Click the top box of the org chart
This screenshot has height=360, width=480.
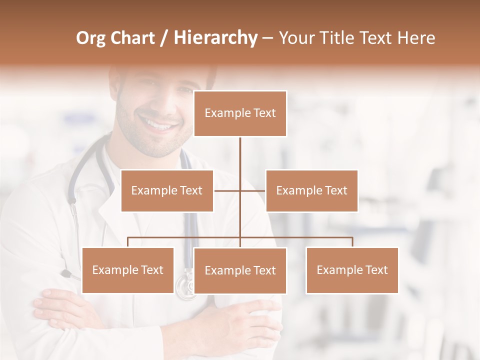point(240,113)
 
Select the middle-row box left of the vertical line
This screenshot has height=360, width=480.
point(167,190)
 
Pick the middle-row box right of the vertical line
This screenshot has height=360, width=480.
point(311,190)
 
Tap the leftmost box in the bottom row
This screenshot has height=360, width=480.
point(127,270)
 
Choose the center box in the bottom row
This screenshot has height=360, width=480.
point(240,270)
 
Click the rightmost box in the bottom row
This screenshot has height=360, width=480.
point(352,270)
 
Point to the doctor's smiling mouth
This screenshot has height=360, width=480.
point(159,123)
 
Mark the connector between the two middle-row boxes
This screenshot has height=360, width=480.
point(240,190)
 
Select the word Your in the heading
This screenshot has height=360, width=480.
point(295,38)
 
